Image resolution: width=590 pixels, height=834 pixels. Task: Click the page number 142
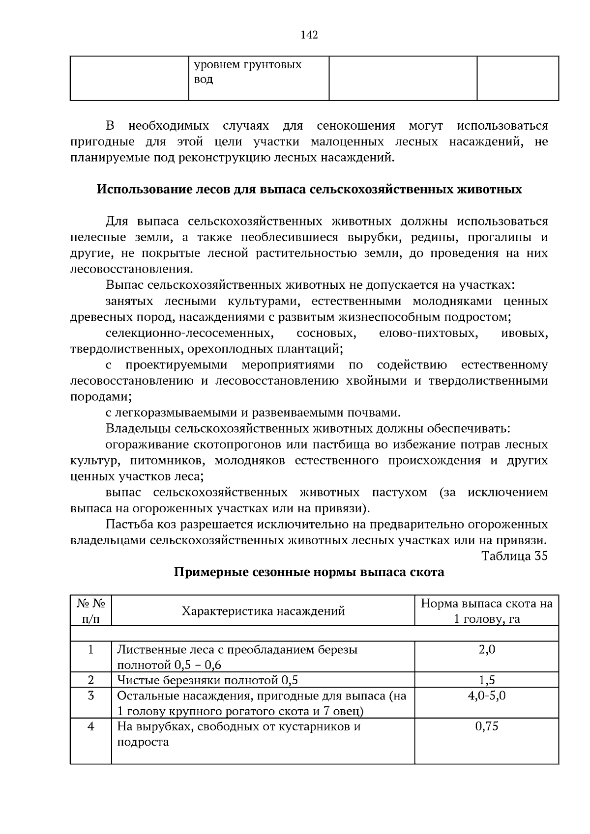309,35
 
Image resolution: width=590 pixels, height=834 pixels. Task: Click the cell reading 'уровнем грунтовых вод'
247,72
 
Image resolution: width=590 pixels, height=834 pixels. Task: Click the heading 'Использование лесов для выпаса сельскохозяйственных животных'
309,189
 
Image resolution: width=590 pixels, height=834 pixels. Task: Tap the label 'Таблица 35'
514,556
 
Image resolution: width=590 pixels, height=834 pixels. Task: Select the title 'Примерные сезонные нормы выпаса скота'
309,572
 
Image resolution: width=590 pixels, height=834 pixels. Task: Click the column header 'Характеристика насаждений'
263,611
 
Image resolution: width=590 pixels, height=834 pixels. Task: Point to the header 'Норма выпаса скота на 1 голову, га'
486,611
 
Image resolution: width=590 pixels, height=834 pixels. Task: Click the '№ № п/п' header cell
91,611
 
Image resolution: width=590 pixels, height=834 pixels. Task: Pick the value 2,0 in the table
487,649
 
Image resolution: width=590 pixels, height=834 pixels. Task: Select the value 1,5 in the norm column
487,680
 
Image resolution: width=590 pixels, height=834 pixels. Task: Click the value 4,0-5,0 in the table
487,696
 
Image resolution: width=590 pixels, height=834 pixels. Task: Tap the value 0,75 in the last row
487,726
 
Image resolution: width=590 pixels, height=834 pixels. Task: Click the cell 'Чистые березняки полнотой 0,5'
207,680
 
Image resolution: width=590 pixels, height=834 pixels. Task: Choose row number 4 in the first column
91,726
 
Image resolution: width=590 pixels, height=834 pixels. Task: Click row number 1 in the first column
91,649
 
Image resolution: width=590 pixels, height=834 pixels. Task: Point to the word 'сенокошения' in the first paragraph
355,126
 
